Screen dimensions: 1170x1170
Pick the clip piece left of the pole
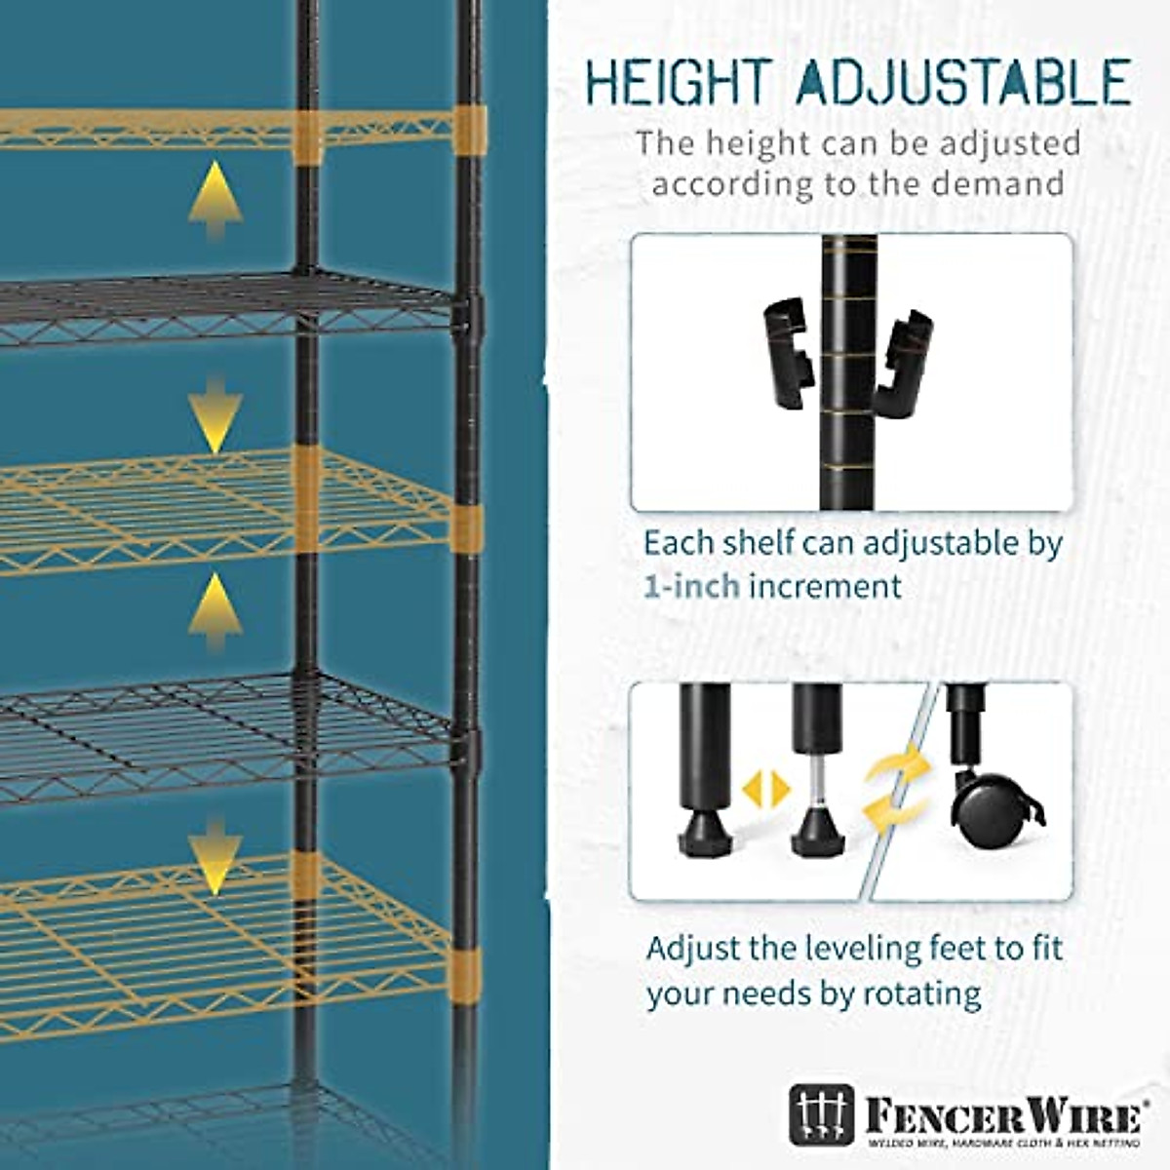[x=786, y=355]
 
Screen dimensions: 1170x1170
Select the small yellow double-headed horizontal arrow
[x=765, y=789]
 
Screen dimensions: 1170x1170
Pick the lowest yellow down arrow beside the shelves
[x=215, y=856]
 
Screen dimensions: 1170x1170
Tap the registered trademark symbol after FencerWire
[x=1147, y=1104]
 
